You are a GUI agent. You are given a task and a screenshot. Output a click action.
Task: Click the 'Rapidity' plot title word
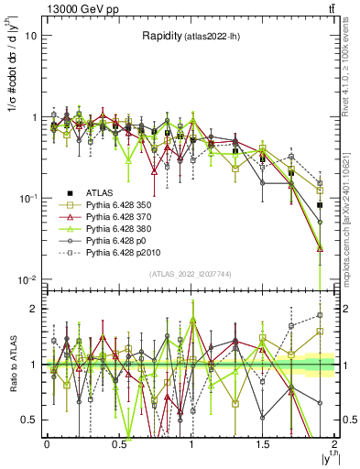[x=161, y=36]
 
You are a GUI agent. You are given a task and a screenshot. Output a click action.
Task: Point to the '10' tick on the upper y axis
[x=30, y=36]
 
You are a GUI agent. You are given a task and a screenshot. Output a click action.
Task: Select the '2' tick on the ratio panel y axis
[x=34, y=309]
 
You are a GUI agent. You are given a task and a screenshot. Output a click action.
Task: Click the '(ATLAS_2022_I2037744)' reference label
[x=191, y=274]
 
